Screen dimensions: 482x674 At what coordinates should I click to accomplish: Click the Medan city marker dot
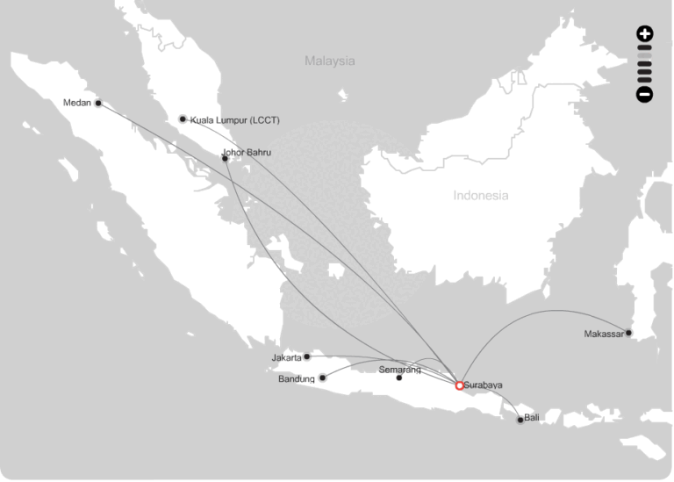point(98,103)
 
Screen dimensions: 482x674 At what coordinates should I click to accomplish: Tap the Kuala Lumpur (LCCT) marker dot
point(183,119)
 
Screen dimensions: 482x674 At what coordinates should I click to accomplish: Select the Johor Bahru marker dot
point(226,159)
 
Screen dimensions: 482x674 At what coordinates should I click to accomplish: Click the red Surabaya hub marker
point(459,385)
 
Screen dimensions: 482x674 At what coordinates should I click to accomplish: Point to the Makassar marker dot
point(628,333)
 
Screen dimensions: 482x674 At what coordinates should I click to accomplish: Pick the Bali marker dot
point(520,420)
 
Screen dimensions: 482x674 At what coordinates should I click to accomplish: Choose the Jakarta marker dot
point(306,356)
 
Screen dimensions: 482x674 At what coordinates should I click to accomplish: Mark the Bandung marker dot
point(322,378)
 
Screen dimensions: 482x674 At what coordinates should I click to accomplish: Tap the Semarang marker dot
point(399,378)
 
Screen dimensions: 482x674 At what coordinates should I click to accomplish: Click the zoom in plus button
point(645,34)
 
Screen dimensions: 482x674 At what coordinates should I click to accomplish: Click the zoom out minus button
point(645,94)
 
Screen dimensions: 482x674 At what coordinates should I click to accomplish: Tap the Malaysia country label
point(330,61)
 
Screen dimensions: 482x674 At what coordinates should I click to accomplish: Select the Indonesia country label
point(480,195)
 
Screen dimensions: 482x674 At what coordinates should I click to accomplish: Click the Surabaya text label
point(484,385)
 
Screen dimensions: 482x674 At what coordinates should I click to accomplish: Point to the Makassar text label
point(604,334)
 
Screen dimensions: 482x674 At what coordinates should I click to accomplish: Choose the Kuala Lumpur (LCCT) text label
point(234,119)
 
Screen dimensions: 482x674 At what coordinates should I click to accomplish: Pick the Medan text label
point(78,103)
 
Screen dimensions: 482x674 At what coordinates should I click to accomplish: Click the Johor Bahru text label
point(247,152)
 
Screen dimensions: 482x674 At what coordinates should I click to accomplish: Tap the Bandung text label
point(297,379)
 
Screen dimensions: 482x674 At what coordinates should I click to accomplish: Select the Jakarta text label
point(286,357)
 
